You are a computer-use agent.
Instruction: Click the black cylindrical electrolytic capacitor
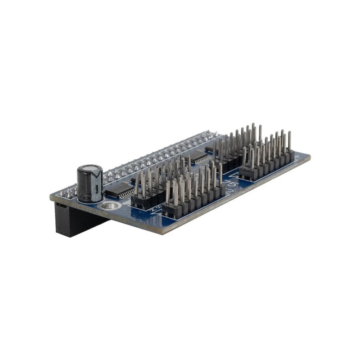[90, 184]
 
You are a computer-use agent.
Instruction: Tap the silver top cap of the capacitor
[90, 170]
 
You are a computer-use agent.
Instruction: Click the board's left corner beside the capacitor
[51, 197]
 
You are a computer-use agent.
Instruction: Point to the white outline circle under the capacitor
[92, 202]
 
